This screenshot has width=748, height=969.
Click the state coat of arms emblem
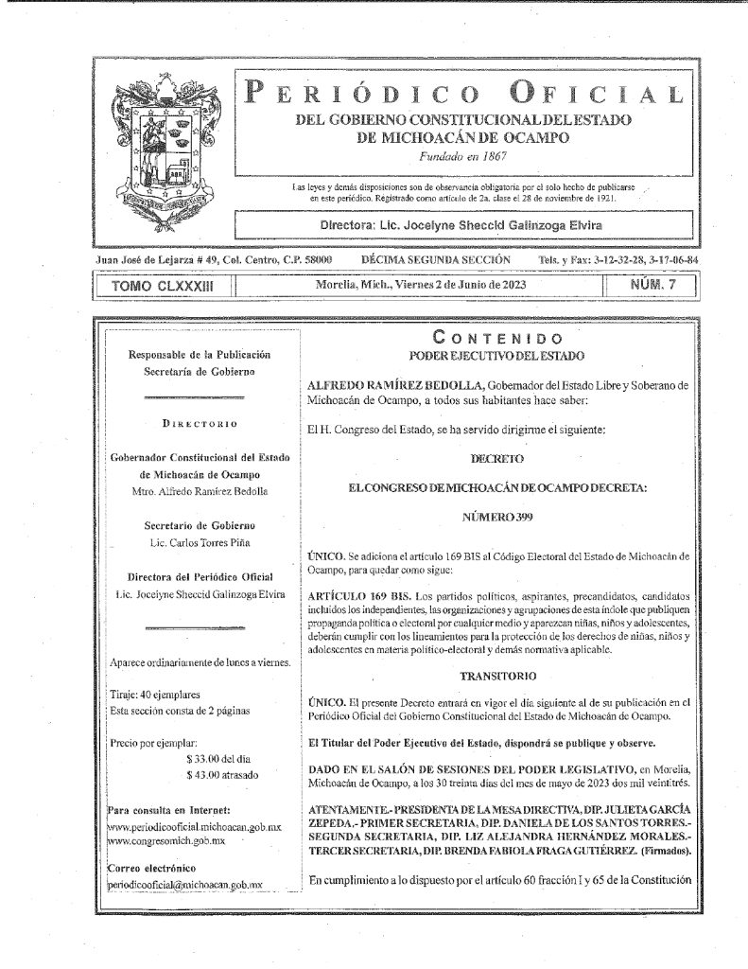point(163,150)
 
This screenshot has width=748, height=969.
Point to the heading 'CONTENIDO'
point(497,338)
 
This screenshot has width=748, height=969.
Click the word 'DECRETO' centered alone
point(497,458)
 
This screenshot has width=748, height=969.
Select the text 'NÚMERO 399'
point(497,519)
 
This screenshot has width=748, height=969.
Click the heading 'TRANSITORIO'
point(497,678)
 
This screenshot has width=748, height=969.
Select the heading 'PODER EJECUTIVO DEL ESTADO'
point(497,356)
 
